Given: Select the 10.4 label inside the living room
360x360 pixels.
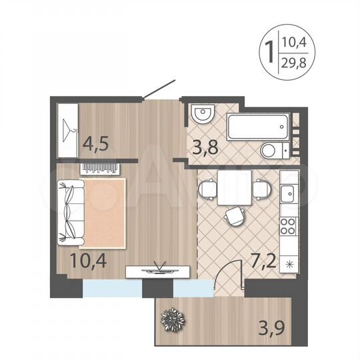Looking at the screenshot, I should pos(85,257).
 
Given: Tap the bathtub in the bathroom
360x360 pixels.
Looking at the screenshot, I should pos(257,126).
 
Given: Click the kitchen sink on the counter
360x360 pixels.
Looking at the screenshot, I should pos(288,195).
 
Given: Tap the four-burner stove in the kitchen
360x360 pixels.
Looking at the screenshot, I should pos(289,227).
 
